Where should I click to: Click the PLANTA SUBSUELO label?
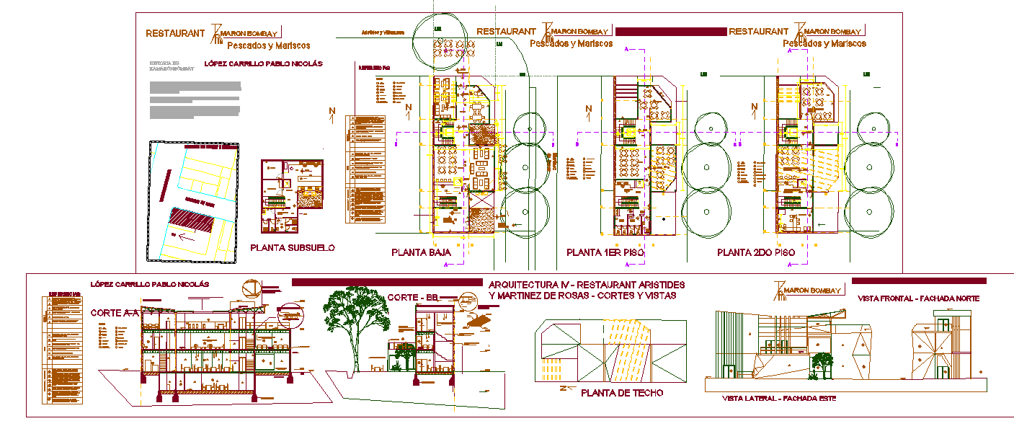(x=293, y=248)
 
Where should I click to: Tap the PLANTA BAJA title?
(x=421, y=252)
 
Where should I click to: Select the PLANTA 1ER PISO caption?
(x=605, y=253)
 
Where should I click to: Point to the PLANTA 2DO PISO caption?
(x=756, y=253)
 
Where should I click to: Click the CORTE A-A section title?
(x=115, y=314)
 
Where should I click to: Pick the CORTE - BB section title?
(x=413, y=298)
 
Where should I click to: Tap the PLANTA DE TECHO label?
(x=622, y=393)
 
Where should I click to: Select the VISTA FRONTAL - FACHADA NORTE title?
(x=918, y=298)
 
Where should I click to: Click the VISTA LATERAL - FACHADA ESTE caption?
(x=778, y=399)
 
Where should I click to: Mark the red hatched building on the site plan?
(x=192, y=219)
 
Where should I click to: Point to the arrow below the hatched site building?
(x=186, y=236)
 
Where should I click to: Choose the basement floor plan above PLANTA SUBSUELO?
(x=292, y=195)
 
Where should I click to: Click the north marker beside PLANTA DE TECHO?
(x=565, y=389)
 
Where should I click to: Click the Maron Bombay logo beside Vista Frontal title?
(x=807, y=290)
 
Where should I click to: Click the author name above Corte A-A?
(x=149, y=284)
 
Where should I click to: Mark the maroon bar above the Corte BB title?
(x=386, y=282)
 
